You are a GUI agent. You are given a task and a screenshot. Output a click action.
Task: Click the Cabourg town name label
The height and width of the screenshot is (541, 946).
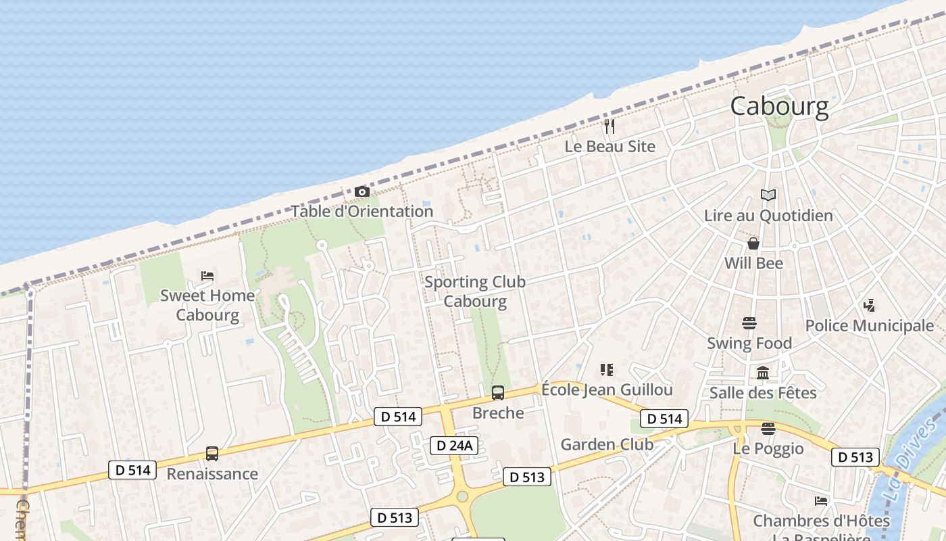pyautogui.click(x=779, y=106)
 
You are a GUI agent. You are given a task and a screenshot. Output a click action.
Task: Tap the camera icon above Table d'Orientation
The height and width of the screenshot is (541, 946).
pyautogui.click(x=362, y=192)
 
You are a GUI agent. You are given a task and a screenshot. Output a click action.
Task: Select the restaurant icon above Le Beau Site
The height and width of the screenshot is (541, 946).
pyautogui.click(x=609, y=126)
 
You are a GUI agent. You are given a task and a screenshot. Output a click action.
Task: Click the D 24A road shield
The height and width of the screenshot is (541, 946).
pyautogui.click(x=455, y=445)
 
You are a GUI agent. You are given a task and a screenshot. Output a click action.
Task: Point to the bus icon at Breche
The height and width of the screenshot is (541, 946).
pyautogui.click(x=498, y=392)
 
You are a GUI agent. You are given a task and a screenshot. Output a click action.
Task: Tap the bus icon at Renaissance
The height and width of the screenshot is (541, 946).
pyautogui.click(x=212, y=454)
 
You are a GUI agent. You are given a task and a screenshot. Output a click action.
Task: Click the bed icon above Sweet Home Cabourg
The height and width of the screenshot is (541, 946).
pyautogui.click(x=207, y=276)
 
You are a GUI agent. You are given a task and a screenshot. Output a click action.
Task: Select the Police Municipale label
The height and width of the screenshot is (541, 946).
pyautogui.click(x=869, y=325)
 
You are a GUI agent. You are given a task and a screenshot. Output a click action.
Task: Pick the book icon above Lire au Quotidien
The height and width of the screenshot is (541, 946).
pyautogui.click(x=768, y=195)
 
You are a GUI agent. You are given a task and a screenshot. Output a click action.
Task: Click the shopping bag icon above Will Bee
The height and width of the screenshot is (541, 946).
pyautogui.click(x=753, y=243)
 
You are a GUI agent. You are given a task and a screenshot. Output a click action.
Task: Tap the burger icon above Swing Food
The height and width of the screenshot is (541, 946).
pyautogui.click(x=749, y=323)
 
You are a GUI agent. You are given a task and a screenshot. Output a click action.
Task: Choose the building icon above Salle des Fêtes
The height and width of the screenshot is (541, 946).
pyautogui.click(x=763, y=373)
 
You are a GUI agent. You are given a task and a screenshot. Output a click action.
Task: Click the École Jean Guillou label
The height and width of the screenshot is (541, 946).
pyautogui.click(x=607, y=390)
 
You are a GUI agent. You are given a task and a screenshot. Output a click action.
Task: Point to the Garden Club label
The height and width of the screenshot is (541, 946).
pyautogui.click(x=607, y=444)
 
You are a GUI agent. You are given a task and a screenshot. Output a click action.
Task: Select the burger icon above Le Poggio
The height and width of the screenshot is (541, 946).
pyautogui.click(x=768, y=428)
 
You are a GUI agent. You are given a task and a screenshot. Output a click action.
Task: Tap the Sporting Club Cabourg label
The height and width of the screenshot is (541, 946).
pyautogui.click(x=475, y=291)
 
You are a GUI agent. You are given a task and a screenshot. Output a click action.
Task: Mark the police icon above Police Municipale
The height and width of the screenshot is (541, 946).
pyautogui.click(x=869, y=306)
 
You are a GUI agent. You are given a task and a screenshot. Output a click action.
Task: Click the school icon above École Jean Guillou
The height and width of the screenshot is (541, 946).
pyautogui.click(x=607, y=370)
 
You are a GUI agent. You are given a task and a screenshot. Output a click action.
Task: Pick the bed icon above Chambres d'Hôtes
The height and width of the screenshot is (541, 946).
pyautogui.click(x=821, y=501)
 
